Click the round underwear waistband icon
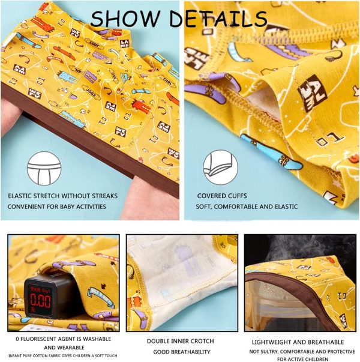44,168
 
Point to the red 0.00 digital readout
40,301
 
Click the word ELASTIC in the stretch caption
20,196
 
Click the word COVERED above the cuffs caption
211,196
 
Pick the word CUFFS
237,196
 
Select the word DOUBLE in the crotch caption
158,341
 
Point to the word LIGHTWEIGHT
269,342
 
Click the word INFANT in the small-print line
15,356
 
